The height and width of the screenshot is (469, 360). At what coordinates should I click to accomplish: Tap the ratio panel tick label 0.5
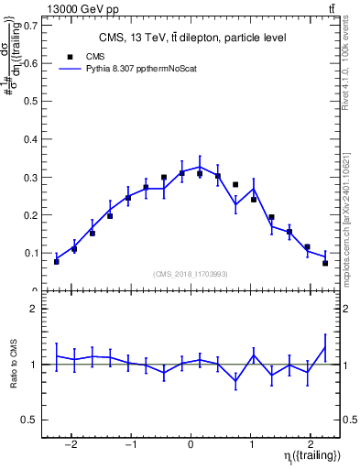pyautogui.click(x=30, y=420)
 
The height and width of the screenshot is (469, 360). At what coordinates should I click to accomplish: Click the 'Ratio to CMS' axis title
pyautogui.click(x=14, y=364)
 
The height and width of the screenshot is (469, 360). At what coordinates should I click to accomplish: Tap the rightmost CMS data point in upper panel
pyautogui.click(x=325, y=263)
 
